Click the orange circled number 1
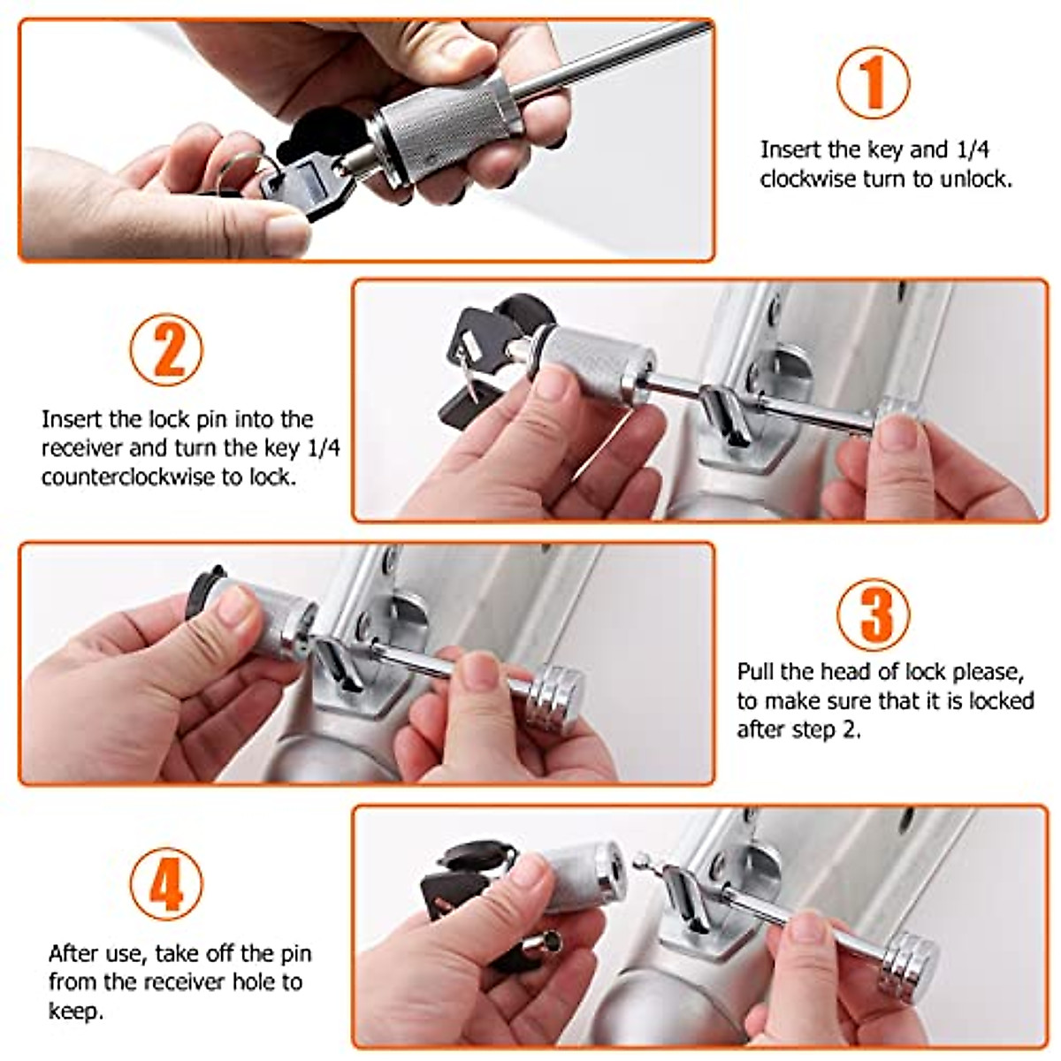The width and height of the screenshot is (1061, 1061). click(x=874, y=82)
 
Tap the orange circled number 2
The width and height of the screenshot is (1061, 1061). click(x=167, y=349)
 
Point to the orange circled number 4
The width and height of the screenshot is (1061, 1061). click(x=167, y=882)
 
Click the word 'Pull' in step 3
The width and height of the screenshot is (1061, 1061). click(x=755, y=672)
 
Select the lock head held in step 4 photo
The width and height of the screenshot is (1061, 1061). click(x=576, y=878)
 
